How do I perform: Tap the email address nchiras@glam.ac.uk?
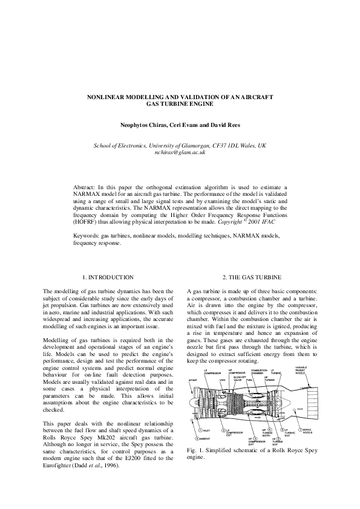(x=180, y=154)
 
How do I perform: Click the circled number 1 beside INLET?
(x=193, y=430)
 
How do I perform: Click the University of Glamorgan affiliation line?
(x=180, y=146)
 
